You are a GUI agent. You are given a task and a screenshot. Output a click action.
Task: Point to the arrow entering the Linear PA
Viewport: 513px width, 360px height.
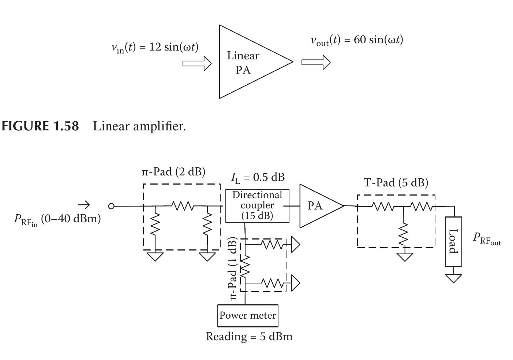point(197,63)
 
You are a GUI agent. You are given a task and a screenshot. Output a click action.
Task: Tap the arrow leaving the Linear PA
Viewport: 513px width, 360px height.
point(316,62)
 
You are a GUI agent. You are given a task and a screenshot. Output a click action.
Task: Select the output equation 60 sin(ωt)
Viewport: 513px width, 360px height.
point(357,40)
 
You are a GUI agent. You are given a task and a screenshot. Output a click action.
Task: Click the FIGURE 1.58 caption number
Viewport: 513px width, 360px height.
point(40,126)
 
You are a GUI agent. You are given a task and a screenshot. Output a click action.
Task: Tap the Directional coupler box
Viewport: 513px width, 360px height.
point(257,205)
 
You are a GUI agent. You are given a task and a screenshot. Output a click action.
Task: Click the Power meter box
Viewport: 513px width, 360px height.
point(248,315)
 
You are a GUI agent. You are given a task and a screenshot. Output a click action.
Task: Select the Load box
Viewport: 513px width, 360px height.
point(453,241)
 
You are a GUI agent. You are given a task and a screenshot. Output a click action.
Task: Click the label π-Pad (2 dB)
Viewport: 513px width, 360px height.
point(173,171)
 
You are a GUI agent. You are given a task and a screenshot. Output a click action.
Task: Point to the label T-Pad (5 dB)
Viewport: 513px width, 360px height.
point(396,182)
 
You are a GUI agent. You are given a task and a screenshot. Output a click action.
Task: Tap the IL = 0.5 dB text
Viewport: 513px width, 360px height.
point(258,177)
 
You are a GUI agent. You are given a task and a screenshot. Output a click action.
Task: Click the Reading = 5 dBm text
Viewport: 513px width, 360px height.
point(249,336)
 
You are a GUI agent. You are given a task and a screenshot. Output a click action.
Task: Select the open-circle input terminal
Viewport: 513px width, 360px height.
point(111,206)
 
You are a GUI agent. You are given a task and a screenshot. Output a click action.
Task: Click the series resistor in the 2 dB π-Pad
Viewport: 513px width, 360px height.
point(183,206)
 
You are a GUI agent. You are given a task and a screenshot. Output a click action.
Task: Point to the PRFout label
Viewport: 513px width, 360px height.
point(486,238)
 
